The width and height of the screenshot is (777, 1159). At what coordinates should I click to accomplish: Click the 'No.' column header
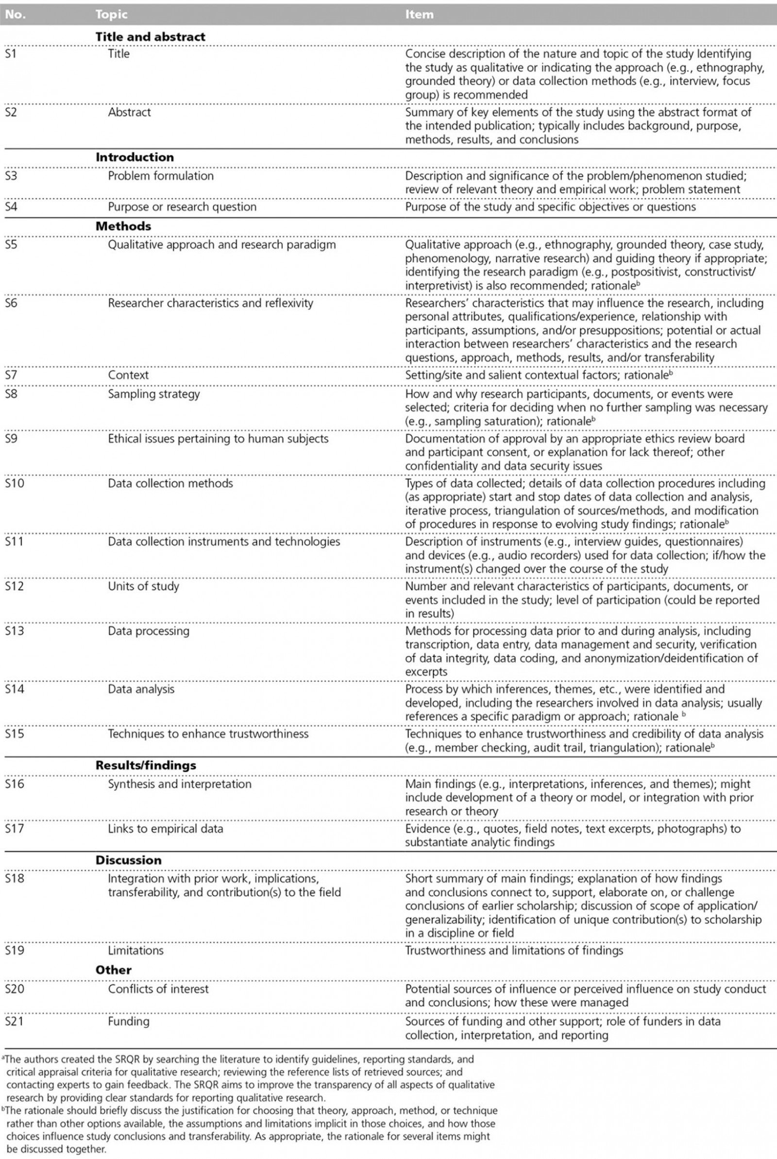click(15, 15)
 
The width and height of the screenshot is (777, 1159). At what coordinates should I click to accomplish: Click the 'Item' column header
click(419, 15)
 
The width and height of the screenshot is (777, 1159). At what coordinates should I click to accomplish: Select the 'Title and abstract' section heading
click(150, 36)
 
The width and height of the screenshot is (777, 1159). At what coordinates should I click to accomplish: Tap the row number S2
click(11, 112)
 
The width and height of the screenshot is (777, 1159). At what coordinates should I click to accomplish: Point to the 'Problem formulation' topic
click(161, 176)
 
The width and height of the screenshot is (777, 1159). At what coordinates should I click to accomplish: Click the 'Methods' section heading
click(123, 226)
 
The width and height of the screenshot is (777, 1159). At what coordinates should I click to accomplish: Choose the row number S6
click(11, 303)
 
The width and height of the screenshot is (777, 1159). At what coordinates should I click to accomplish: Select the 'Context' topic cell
click(128, 375)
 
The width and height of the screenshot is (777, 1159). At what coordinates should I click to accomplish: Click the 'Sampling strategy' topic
click(153, 394)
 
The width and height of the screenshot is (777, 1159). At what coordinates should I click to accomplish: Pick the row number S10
click(15, 483)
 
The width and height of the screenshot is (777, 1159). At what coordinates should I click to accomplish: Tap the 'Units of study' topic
click(143, 586)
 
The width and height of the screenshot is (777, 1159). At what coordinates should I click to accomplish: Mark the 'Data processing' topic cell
click(149, 631)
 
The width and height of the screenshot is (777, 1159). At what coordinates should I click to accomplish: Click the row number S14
click(15, 689)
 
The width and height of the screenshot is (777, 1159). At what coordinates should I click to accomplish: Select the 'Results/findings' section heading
click(146, 766)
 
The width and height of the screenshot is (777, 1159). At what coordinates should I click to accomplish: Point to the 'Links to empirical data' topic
click(166, 829)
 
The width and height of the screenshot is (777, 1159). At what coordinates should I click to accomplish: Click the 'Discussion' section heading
click(128, 860)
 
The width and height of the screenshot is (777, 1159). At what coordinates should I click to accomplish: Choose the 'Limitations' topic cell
click(135, 951)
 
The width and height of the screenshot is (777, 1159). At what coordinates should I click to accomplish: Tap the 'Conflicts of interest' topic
click(158, 989)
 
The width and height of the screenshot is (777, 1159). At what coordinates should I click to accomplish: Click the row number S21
click(15, 1021)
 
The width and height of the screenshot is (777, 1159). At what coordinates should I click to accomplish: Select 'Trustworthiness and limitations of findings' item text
click(514, 951)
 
